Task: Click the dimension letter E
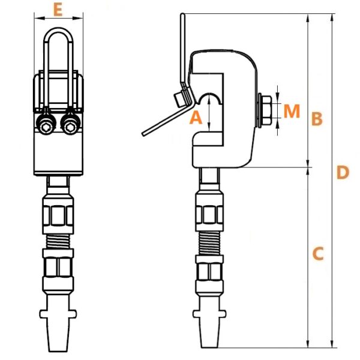58,10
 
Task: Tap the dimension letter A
196,117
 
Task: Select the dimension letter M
292,111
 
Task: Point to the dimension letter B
317,119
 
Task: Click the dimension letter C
318,254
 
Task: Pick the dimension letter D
343,172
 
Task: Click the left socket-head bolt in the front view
46,125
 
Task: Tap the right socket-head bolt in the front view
70,125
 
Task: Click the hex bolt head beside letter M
266,110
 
